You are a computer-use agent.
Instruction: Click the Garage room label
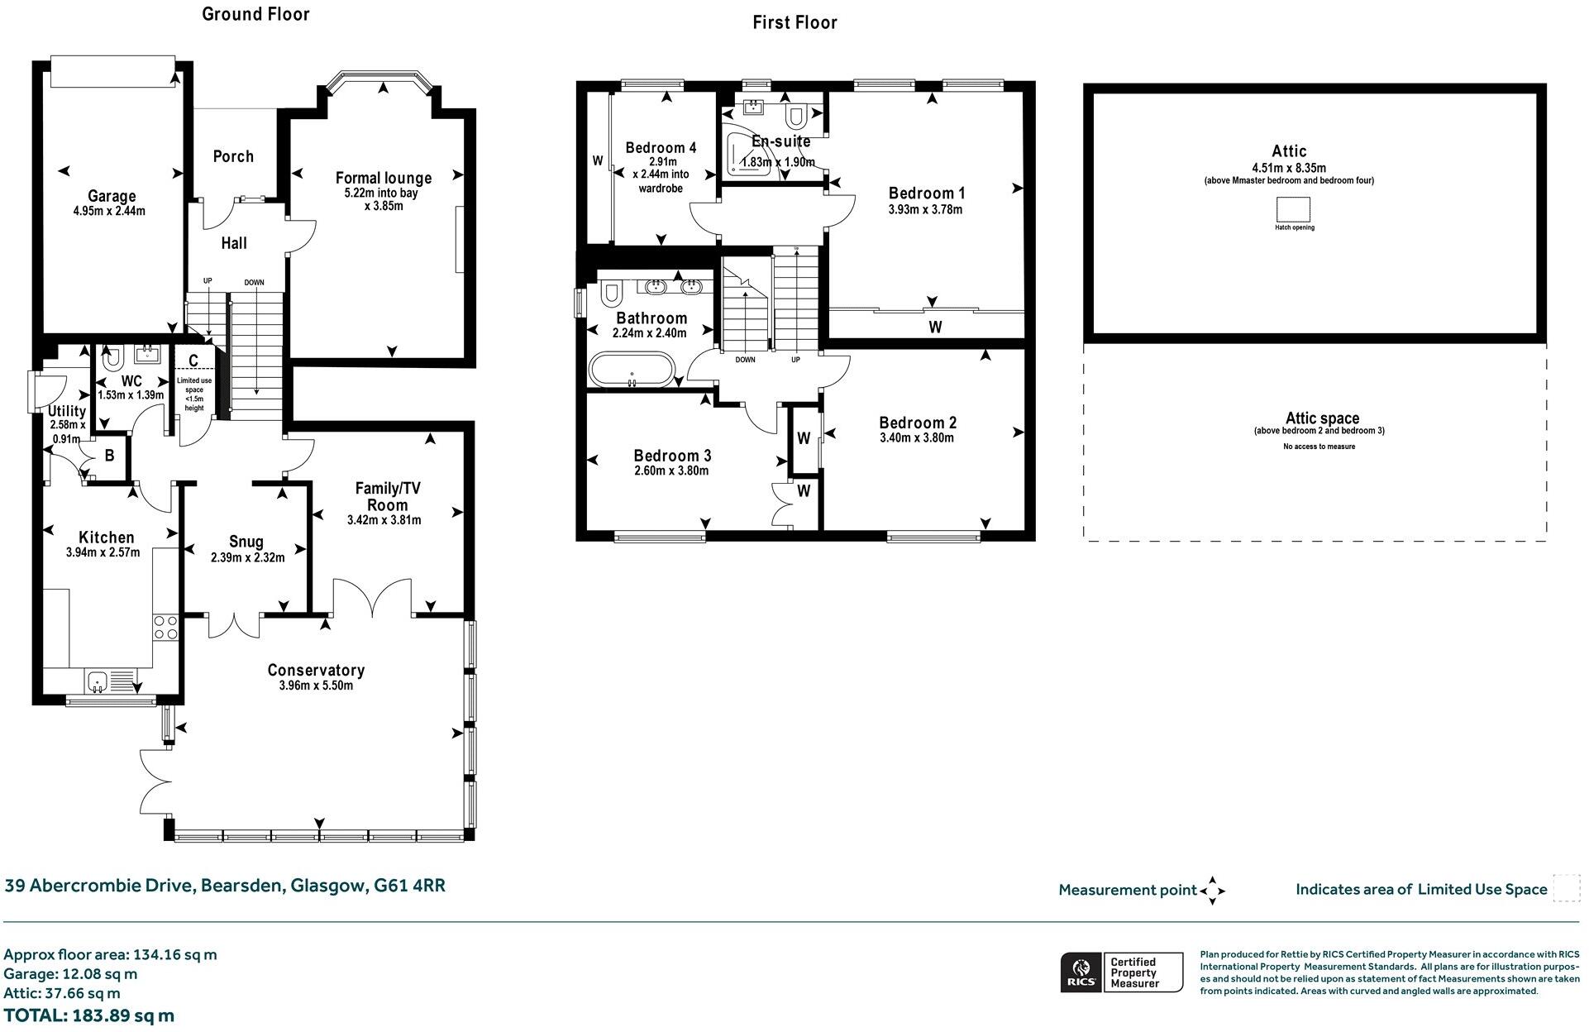(112, 196)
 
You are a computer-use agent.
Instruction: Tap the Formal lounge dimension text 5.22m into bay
(383, 193)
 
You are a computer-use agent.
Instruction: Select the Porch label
(233, 156)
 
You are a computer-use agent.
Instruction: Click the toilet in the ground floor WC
(112, 358)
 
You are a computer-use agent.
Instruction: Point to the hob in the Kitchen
(166, 627)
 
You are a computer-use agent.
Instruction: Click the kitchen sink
(98, 682)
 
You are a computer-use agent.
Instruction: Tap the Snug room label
(246, 542)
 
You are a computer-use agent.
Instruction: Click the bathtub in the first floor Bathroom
(632, 369)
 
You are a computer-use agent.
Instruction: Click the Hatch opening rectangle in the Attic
(1294, 208)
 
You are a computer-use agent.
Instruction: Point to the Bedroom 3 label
(672, 456)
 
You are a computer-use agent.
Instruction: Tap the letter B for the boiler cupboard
(109, 456)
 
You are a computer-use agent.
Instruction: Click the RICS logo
(1080, 972)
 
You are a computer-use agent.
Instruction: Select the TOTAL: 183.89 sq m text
(89, 1015)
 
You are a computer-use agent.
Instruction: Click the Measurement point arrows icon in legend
(1212, 891)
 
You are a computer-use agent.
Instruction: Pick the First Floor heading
(794, 22)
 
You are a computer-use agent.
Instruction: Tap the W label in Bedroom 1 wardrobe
(935, 327)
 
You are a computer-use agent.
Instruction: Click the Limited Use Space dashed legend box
(1566, 889)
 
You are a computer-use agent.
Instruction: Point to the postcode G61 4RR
(410, 886)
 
